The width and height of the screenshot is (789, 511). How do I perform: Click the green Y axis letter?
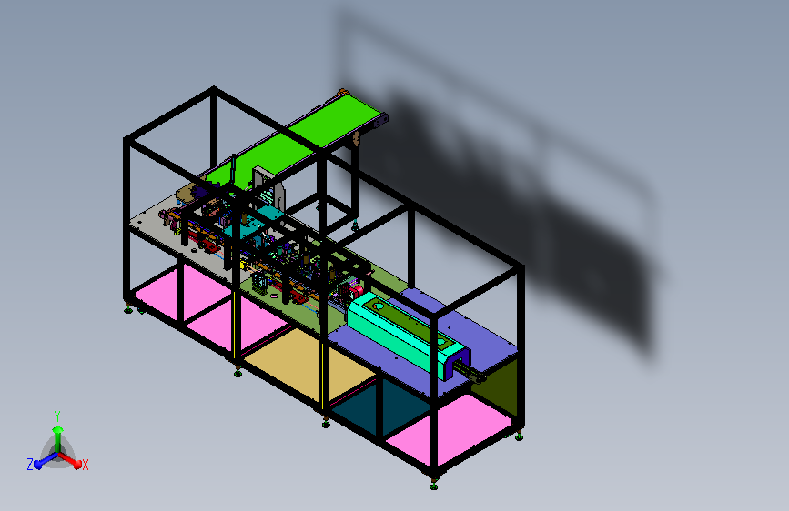[x=57, y=416]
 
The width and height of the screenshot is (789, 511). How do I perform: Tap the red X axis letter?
[x=85, y=466]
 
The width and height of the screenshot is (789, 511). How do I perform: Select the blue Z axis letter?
[x=30, y=465]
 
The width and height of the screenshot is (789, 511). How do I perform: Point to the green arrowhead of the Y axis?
[x=58, y=429]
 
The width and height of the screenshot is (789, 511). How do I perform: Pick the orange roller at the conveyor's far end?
[x=343, y=93]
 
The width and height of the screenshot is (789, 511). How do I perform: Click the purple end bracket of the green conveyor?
[x=380, y=121]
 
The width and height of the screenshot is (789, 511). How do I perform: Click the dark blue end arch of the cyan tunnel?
[x=454, y=366]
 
